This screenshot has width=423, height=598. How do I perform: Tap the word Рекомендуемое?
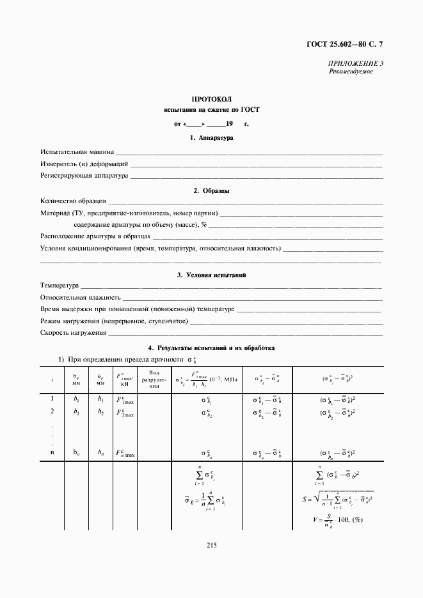351,72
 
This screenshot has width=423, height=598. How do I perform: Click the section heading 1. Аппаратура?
212,137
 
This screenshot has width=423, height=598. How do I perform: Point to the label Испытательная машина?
77,152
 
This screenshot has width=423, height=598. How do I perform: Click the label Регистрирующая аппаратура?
84,174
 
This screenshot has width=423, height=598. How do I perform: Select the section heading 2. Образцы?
212,190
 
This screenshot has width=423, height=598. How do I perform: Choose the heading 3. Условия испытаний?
212,275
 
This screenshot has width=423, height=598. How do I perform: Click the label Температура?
60,286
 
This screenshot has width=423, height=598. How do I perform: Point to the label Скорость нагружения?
73,333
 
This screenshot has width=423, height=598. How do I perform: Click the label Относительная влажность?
81,297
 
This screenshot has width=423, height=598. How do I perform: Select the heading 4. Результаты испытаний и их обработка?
212,349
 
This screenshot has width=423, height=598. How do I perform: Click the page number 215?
212,545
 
